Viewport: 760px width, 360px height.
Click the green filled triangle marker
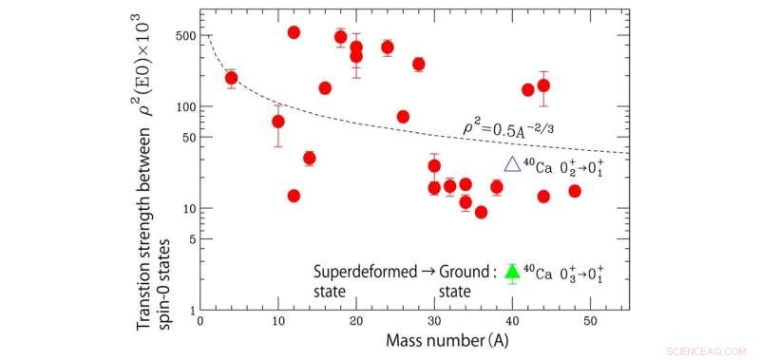(512, 273)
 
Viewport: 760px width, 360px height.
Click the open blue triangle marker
(512, 164)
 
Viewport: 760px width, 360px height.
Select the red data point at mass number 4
(231, 78)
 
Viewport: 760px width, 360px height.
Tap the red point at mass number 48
(575, 191)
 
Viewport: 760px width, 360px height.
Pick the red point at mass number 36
(481, 212)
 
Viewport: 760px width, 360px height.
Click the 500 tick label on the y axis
(184, 35)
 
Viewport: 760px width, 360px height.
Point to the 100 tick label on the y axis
(184, 106)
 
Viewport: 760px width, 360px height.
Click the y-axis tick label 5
(191, 238)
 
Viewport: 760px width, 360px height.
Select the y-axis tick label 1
(191, 310)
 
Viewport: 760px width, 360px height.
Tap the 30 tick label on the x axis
(434, 322)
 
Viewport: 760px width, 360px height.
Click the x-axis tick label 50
(590, 322)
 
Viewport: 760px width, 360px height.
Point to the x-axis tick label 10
(277, 322)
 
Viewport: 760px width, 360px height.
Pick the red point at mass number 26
(403, 117)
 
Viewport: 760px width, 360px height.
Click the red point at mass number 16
(325, 87)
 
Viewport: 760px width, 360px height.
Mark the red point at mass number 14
(309, 158)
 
